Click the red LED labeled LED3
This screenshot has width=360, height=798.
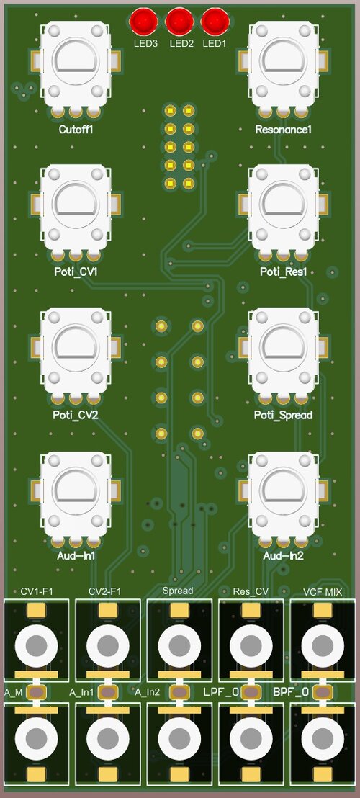click(x=144, y=22)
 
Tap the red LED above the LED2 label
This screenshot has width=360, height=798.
click(x=179, y=22)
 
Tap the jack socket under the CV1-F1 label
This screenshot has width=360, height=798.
click(x=37, y=643)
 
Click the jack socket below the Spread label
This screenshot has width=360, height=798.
click(x=179, y=643)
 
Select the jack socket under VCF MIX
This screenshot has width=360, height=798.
click(x=322, y=643)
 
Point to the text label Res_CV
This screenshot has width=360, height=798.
click(x=251, y=591)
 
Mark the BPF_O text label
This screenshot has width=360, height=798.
click(x=291, y=692)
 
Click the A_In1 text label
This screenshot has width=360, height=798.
click(x=82, y=692)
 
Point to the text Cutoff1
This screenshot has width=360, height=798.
click(x=76, y=130)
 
